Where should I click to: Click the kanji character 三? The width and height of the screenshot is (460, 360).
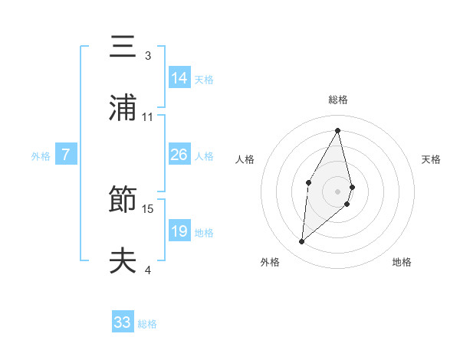tap(122, 47)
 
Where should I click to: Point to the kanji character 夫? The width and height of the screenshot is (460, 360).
tap(122, 261)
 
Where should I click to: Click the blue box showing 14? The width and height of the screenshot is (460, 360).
tap(179, 77)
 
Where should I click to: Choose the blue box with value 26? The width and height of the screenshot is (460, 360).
tap(179, 155)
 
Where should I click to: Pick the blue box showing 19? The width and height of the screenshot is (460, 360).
tap(179, 231)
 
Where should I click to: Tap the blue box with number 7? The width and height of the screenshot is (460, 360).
tap(66, 155)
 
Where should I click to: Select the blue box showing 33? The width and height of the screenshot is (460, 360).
tap(123, 322)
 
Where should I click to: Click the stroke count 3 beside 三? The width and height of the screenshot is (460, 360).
tap(148, 56)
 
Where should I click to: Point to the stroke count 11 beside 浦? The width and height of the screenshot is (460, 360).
tap(148, 117)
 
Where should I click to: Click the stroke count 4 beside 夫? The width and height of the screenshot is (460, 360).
tap(148, 270)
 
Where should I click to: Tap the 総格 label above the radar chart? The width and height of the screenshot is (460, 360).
tap(338, 100)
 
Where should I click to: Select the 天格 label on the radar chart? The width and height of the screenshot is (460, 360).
tap(431, 159)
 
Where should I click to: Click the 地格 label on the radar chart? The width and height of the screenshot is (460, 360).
tap(402, 262)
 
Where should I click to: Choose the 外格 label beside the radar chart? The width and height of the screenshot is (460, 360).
tap(270, 262)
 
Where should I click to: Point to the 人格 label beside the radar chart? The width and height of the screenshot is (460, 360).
tap(245, 159)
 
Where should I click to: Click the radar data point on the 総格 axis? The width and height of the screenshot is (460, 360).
tap(337, 129)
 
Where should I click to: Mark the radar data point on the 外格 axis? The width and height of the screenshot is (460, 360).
tap(302, 242)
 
